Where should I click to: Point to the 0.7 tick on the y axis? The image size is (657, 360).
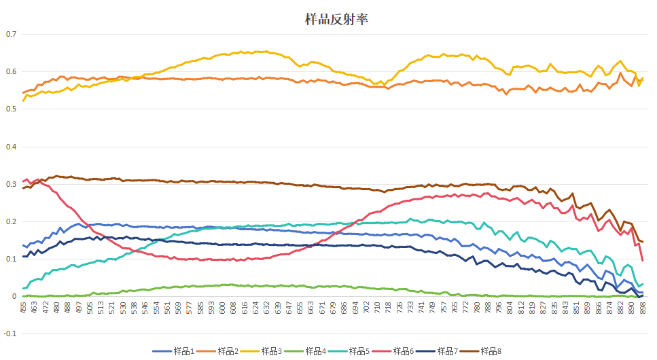point(11,35)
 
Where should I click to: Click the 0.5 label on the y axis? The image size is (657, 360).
point(11,109)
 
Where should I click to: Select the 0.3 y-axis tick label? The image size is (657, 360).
point(11,184)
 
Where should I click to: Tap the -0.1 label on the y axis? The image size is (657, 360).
point(10,334)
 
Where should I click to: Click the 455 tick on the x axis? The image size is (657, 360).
point(24,308)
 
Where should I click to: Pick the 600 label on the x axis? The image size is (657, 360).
point(222,308)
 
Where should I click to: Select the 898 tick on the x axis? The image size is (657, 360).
point(642,308)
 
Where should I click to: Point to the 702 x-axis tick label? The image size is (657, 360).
point(366,308)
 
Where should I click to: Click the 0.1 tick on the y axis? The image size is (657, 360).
point(11,259)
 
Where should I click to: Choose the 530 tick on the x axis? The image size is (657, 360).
point(123,308)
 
